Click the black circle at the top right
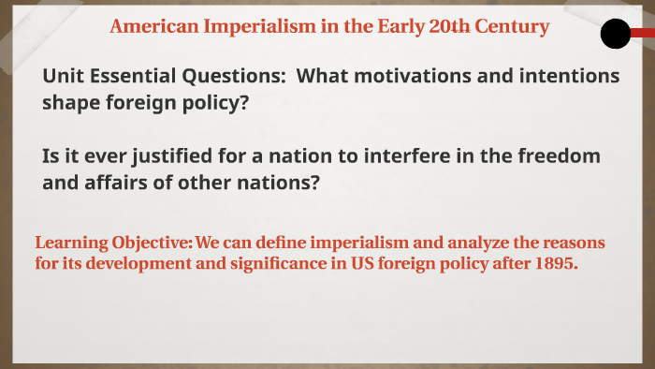tap(615, 35)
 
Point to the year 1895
tap(553, 265)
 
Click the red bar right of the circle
tap(643, 34)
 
